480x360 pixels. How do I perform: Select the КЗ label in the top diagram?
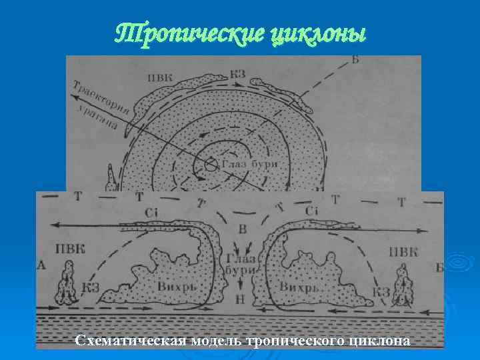pyautogui.click(x=237, y=73)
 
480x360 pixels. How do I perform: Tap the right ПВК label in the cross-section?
pyautogui.click(x=403, y=251)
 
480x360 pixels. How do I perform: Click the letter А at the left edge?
pyautogui.click(x=42, y=266)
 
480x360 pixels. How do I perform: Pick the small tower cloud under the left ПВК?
pyautogui.click(x=68, y=281)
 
